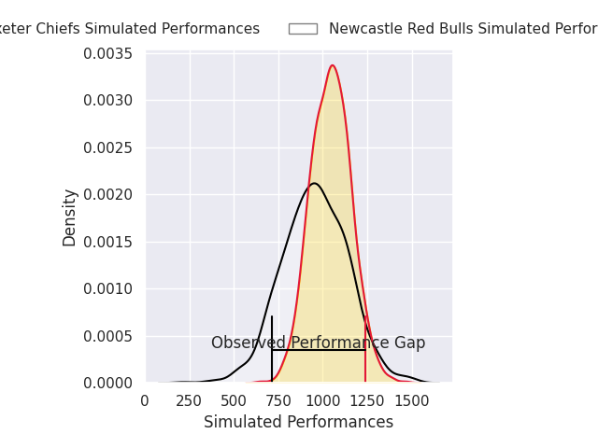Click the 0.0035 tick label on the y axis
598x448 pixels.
point(108,53)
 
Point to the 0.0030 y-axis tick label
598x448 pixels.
point(108,101)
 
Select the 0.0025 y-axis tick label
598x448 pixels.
point(108,147)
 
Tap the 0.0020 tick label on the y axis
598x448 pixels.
point(108,195)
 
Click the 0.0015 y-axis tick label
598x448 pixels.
point(108,242)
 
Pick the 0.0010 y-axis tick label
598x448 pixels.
point(108,289)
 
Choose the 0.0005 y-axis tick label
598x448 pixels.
point(108,336)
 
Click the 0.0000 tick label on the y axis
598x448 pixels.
point(108,383)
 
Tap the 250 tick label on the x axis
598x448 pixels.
point(190,401)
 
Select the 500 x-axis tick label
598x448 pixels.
point(234,401)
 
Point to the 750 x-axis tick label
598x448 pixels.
point(278,401)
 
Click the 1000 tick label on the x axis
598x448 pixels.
point(322,401)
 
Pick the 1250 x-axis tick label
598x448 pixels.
point(367,401)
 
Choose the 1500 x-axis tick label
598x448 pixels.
point(411,401)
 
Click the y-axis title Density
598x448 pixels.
point(70,217)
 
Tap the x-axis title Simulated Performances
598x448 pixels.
point(298,423)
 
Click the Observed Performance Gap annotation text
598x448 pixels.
point(318,343)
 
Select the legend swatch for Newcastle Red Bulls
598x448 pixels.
point(303,29)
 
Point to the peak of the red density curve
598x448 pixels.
point(333,65)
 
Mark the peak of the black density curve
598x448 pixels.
point(314,183)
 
